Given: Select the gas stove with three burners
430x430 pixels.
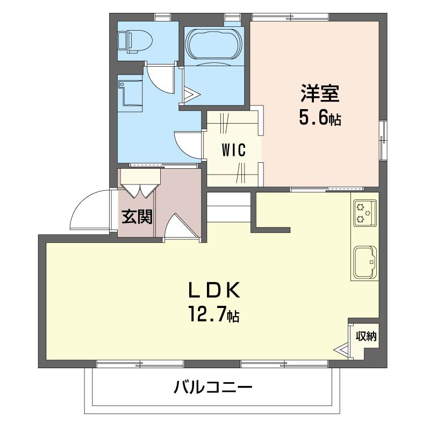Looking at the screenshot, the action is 365,213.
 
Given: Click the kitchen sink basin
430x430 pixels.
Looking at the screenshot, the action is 365,262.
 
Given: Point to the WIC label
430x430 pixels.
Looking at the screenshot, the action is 234,150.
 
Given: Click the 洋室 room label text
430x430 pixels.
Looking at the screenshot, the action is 320,94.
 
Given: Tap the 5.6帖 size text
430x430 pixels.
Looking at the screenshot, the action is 320,118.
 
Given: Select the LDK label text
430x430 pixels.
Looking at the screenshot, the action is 214,290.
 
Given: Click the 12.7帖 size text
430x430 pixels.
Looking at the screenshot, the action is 213,314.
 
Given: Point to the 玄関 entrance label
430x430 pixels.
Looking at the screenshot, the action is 137,217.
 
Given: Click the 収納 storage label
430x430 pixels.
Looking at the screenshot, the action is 366,336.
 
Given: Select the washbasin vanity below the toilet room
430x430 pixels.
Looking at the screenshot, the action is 130,94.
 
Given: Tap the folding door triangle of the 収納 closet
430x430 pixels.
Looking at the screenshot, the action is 341,350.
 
